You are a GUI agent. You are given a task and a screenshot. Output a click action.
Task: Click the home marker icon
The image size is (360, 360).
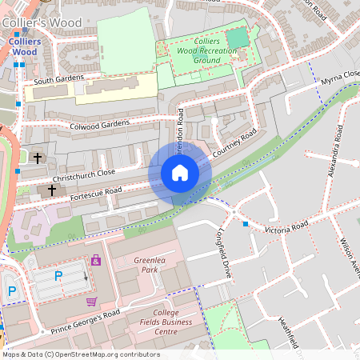(x=180, y=173)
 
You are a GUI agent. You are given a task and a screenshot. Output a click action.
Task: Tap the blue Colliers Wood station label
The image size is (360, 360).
(x=25, y=46)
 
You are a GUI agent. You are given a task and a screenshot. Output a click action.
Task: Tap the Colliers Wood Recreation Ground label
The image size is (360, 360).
(x=196, y=50)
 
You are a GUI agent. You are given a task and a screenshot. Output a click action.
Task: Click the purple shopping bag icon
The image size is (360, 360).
(x=96, y=260)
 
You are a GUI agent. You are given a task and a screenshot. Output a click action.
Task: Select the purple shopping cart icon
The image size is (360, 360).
(x=91, y=302)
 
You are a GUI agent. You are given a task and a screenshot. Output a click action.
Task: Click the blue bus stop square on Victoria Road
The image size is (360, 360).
(x=246, y=224)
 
